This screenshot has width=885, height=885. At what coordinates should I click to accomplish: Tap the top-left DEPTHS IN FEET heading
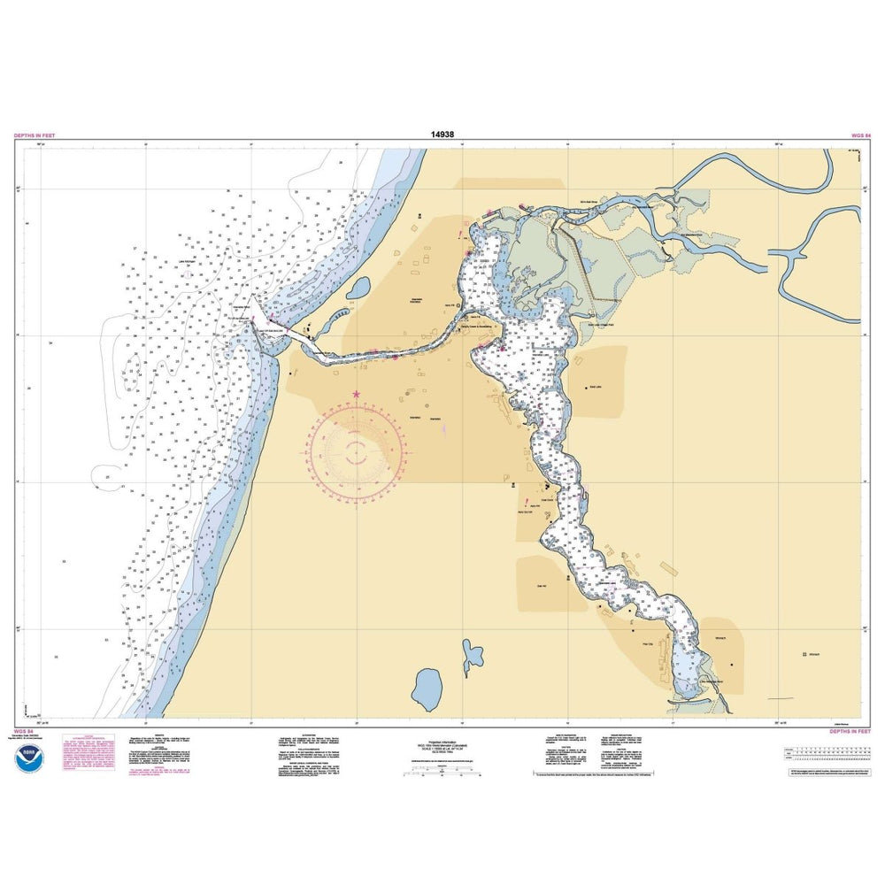click(35, 136)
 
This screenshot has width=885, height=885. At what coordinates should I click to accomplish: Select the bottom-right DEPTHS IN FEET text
click(850, 732)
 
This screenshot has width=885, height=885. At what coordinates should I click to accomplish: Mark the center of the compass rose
click(358, 449)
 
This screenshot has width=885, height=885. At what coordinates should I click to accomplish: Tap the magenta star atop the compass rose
click(356, 395)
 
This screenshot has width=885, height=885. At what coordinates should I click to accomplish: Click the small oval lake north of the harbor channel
click(358, 289)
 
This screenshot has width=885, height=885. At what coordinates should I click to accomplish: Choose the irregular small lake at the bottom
click(472, 657)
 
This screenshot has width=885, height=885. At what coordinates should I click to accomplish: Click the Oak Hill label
click(543, 583)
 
